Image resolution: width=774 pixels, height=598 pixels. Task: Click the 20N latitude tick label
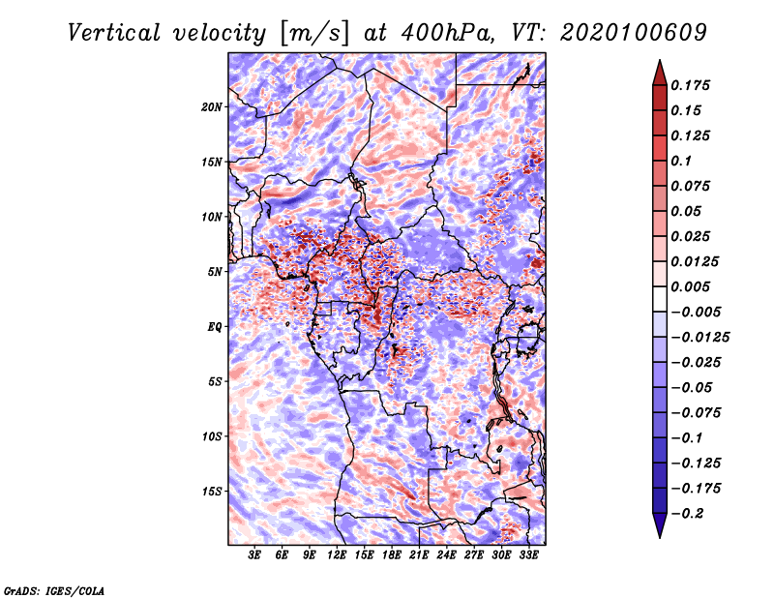tap(212, 106)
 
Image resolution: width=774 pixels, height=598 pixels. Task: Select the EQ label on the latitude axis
tap(215, 327)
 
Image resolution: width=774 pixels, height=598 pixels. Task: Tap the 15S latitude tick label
tap(212, 492)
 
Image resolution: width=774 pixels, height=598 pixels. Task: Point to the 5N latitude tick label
tap(215, 272)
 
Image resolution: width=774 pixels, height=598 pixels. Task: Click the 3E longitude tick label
tap(254, 554)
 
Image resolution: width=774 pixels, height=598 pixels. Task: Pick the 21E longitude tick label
tap(419, 554)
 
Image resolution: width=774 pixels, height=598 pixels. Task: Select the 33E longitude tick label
tap(528, 554)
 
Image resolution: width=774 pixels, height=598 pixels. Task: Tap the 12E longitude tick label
tap(337, 554)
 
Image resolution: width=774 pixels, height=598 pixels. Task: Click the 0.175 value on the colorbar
tap(690, 85)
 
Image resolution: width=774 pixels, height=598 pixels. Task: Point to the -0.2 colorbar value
tap(687, 514)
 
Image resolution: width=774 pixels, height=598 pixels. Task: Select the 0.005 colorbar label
tap(690, 286)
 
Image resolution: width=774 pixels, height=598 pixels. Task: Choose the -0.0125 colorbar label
tap(700, 338)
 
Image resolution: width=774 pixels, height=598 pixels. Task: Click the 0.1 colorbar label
tap(681, 161)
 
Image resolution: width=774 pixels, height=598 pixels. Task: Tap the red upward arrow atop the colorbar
tap(660, 73)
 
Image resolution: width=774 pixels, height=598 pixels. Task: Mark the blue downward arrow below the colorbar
tap(660, 525)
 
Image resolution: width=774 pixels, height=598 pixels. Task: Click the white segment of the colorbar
tap(660, 299)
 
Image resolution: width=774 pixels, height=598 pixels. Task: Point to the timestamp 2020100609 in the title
tap(634, 33)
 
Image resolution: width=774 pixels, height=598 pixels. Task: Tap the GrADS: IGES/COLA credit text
tap(54, 591)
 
